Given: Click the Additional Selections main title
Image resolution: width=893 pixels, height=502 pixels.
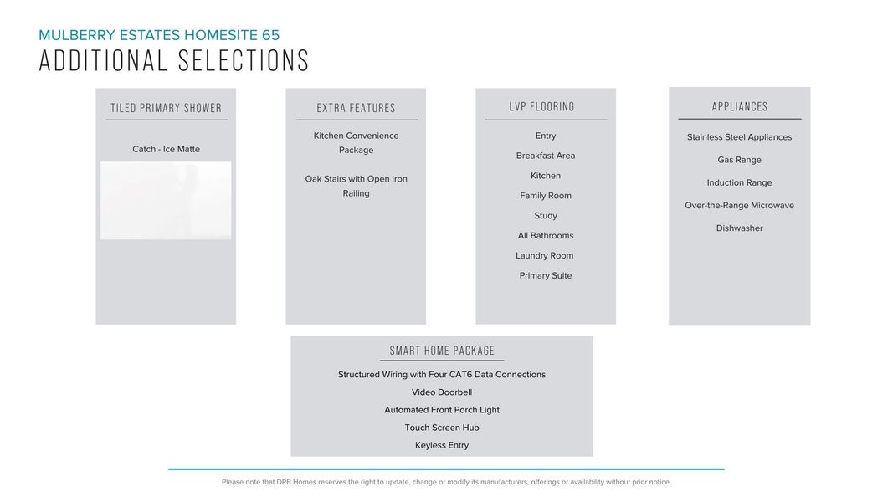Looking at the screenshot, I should click(x=174, y=61).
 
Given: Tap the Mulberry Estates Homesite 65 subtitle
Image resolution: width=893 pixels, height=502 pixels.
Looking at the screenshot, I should click(x=159, y=35).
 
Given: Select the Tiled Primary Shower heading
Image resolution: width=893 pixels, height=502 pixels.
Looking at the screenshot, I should click(x=167, y=108).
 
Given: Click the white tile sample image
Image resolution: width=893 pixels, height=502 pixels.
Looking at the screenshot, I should click(x=166, y=201).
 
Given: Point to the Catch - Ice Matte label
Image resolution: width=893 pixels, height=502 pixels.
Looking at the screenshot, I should click(x=166, y=149).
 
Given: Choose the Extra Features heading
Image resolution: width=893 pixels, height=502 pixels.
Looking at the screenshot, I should click(x=356, y=108).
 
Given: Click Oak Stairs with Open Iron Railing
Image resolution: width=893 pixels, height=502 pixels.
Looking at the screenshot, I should click(x=356, y=186).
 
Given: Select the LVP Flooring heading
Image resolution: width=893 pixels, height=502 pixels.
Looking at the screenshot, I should click(x=541, y=107).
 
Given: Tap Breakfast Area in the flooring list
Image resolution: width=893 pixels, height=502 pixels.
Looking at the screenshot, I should click(x=546, y=156).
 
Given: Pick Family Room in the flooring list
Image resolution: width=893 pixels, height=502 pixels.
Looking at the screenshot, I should click(x=546, y=196).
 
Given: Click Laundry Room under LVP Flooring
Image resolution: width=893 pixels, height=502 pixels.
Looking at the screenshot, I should click(x=545, y=256).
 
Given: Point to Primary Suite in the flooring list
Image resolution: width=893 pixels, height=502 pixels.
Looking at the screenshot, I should click(x=546, y=276).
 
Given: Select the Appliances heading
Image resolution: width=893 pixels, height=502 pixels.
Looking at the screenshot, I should click(x=740, y=107).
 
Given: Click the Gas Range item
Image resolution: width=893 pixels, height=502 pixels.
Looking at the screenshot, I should click(x=740, y=160).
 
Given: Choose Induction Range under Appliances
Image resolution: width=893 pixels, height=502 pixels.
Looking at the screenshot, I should click(x=740, y=182).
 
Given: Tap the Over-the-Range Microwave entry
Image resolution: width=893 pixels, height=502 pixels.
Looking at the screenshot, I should click(x=740, y=206).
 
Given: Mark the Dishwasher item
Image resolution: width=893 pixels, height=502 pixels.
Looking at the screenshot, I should click(x=740, y=228).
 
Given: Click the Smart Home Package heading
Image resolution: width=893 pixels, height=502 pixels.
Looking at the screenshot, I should click(x=442, y=351).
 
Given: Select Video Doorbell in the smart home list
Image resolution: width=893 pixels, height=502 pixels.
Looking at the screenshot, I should click(x=442, y=392).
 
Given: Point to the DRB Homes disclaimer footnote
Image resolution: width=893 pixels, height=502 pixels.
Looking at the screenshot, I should click(x=446, y=482).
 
